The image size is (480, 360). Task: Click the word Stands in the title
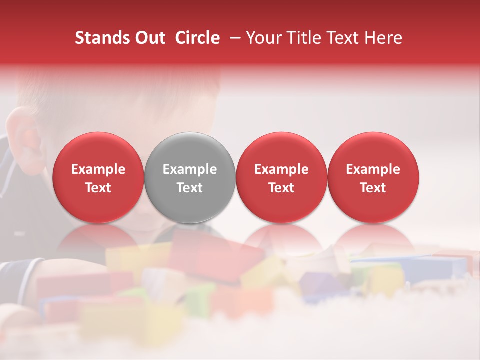click(102, 38)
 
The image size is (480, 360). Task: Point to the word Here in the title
click(383, 38)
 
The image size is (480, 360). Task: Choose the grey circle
click(190, 177)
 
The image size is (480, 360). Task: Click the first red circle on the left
click(98, 177)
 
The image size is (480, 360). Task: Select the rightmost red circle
click(373, 177)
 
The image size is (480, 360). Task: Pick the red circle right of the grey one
click(281, 177)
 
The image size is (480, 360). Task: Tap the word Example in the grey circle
click(190, 169)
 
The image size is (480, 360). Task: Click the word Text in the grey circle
click(190, 188)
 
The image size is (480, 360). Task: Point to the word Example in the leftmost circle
click(98, 169)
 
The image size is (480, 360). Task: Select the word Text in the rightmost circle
click(373, 188)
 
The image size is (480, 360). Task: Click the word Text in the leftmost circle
click(98, 188)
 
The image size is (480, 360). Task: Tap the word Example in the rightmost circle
click(373, 169)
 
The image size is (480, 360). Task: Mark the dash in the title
click(233, 38)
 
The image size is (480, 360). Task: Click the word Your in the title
click(262, 38)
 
